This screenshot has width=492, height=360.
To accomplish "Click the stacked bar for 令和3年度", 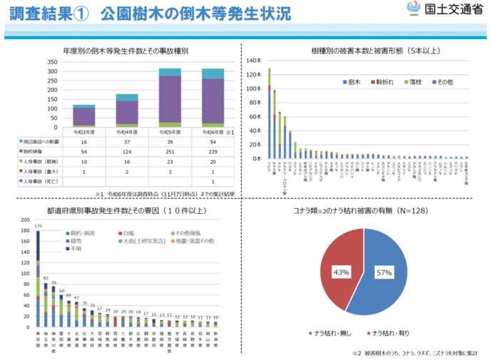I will pyautogui.click(x=83, y=115).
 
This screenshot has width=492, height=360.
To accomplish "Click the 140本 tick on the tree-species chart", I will pyautogui.click(x=255, y=61).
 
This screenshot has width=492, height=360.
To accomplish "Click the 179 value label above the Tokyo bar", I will pyautogui.click(x=36, y=225).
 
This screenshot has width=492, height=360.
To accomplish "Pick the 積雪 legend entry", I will pyautogui.click(x=75, y=242).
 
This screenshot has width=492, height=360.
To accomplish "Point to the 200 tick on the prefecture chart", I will pyautogui.click(x=24, y=220).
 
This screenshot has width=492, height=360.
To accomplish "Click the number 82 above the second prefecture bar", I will pyautogui.click(x=46, y=277).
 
